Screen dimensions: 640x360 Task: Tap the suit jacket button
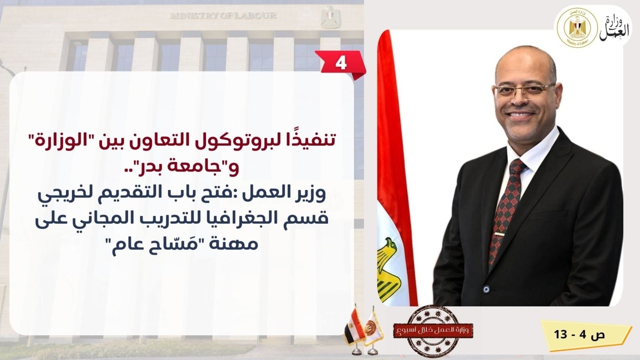click(486, 289)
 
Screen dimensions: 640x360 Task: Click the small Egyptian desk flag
click(354, 328)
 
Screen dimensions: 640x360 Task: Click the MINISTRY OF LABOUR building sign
click(223, 16)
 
